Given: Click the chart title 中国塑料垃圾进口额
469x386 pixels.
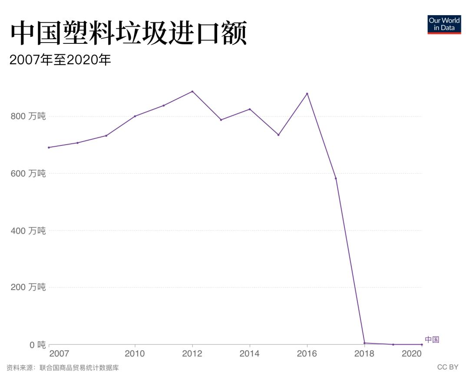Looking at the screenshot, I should (129, 34).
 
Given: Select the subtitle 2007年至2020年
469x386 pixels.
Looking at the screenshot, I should (60, 60).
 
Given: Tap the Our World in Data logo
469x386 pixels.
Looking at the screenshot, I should (444, 24).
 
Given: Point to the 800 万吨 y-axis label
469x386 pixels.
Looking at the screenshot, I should (28, 116).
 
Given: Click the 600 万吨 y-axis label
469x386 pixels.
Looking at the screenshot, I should (28, 173).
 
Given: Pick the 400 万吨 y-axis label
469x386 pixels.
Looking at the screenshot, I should (28, 231).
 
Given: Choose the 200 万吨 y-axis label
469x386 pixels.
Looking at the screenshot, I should (28, 287).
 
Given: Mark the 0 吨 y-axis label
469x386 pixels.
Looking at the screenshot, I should (35, 345).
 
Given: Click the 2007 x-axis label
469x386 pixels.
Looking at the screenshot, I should (59, 353).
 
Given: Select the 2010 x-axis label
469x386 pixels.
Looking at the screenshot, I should (135, 353).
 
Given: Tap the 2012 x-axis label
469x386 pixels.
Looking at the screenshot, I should (192, 353).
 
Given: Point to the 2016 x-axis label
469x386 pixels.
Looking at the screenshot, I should (307, 353).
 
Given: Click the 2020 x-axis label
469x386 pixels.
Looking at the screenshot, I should (412, 353).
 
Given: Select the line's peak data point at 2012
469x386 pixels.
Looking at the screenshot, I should (192, 91).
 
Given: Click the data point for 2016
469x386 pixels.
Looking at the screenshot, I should (307, 94).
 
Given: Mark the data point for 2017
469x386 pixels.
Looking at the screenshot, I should (336, 178).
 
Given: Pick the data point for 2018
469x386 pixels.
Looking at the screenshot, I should (364, 343).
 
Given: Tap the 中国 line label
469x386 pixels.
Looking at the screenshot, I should (432, 340).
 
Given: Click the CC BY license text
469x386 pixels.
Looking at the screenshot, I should (447, 367).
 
